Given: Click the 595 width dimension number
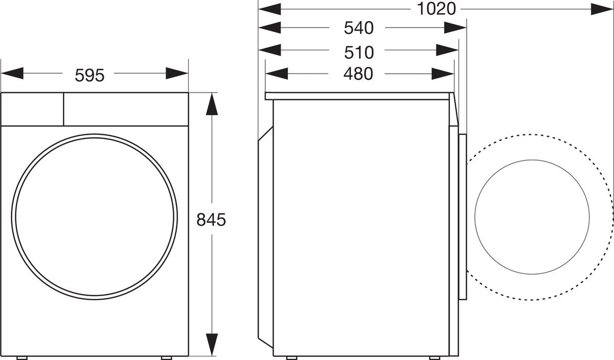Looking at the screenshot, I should coord(90,75).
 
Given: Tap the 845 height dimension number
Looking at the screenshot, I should coord(211,220).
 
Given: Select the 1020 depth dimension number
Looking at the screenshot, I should coord(436,9).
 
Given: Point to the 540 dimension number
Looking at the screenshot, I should coord(358,28).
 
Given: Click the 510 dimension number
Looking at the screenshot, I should coord(358,52).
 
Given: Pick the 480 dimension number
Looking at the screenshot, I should coord(358,74).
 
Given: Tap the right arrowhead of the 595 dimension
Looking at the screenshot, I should coord(177,74).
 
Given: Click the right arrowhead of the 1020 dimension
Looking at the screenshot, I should coord(602,9).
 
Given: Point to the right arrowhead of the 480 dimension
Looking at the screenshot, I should coord(443,74).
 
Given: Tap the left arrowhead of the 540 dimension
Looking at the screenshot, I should coord(270,28).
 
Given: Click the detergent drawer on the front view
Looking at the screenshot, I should coord(32,109).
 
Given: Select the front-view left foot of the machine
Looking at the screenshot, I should coord(21,357).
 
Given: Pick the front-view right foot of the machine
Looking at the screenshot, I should coord(167,357).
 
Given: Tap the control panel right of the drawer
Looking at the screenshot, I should coord(125,109).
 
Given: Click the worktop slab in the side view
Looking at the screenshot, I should coord(358,96).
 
